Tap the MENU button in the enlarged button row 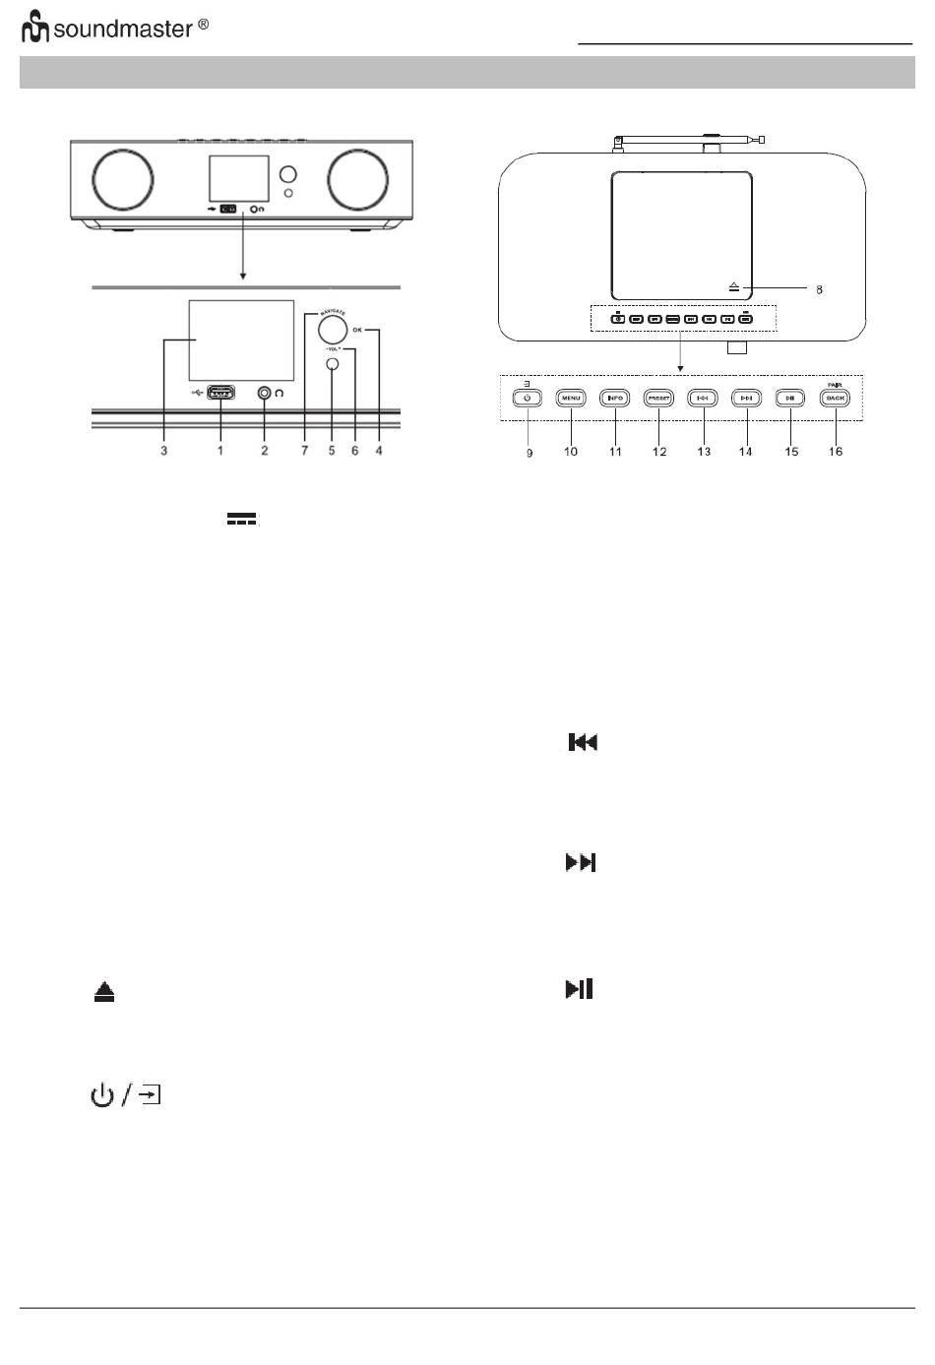(x=571, y=399)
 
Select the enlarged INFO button (x=615, y=399)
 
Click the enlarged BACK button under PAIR (x=835, y=399)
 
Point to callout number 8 (x=819, y=290)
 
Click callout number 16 (x=835, y=452)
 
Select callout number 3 (x=164, y=451)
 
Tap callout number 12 (x=659, y=452)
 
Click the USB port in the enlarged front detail (x=220, y=394)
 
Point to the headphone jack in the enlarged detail (x=265, y=393)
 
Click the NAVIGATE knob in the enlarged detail (x=333, y=330)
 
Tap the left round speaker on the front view (x=123, y=179)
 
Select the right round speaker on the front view (x=357, y=179)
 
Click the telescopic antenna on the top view (x=689, y=140)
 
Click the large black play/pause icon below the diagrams (x=580, y=989)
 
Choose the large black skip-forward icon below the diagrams (x=581, y=863)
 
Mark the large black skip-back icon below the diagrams (x=584, y=743)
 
